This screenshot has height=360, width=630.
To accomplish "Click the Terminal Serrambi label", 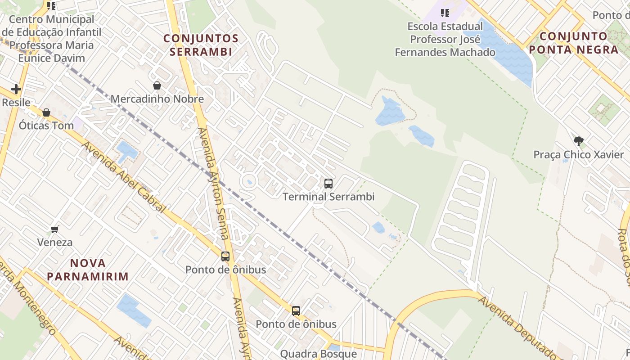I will click(x=328, y=197).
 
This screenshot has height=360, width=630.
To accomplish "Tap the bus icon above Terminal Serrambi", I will click(x=328, y=184).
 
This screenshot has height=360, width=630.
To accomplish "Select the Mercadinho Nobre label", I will click(x=157, y=99).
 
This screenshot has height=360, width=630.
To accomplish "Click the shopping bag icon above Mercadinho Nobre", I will click(x=157, y=85).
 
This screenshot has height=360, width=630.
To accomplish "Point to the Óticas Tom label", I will click(x=46, y=126).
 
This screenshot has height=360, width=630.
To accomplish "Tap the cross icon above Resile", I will click(x=16, y=89).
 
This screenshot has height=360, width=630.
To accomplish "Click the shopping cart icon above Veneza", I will click(x=55, y=229).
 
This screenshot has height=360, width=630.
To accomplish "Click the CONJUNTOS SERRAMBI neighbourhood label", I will click(x=201, y=45).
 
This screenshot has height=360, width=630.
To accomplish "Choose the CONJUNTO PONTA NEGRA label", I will click(x=573, y=43).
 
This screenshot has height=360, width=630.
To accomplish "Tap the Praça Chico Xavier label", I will click(x=579, y=155).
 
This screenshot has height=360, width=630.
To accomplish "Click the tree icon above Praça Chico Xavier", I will click(x=579, y=141).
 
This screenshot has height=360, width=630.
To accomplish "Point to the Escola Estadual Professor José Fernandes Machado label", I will click(x=445, y=40).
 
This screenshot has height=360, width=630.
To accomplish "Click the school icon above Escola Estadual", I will click(x=445, y=13).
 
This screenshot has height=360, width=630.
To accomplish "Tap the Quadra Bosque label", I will click(x=319, y=354).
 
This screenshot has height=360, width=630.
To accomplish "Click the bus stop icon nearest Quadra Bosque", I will click(x=296, y=311).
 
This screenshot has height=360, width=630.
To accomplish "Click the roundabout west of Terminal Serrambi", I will click(x=248, y=182).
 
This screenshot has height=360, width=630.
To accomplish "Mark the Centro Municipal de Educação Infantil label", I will click(x=51, y=39).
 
